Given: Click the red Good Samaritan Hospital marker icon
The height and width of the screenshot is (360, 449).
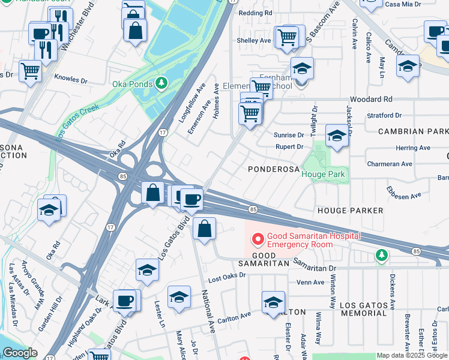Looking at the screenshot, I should [x=259, y=240].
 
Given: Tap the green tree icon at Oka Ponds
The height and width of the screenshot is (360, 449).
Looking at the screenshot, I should [x=160, y=83].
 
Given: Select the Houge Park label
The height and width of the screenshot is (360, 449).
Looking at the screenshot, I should [x=324, y=174].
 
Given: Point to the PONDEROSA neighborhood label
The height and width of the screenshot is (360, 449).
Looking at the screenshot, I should [x=274, y=170].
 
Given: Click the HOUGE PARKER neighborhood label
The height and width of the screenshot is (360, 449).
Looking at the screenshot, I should [x=350, y=211].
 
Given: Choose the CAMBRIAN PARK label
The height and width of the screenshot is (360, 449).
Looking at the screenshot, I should [x=413, y=131].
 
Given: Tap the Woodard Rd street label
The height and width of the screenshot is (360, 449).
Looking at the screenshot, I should [x=372, y=99].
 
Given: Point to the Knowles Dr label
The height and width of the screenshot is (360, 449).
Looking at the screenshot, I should [x=71, y=79].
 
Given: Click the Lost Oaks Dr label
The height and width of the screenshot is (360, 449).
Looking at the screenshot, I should [x=227, y=275].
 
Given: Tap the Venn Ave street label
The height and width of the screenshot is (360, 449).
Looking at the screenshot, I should [x=310, y=283].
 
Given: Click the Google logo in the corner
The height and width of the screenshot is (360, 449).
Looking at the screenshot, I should [x=19, y=353].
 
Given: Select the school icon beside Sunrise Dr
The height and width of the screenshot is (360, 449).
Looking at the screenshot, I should [x=337, y=137].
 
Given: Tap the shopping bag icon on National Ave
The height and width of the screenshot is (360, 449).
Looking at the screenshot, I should [x=205, y=229].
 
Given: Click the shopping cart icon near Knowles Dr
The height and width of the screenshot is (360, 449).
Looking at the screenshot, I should [x=30, y=72].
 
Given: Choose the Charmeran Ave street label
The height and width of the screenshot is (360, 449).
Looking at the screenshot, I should [x=390, y=163].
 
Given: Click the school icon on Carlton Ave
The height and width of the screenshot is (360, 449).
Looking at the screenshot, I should [x=273, y=302].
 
